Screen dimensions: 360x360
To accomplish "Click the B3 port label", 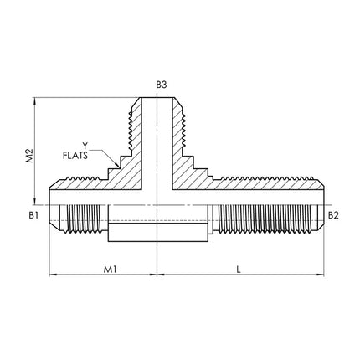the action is tap(162, 85).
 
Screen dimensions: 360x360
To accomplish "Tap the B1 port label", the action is tap(33, 215).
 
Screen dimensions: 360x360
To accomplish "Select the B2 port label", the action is tap(333, 215).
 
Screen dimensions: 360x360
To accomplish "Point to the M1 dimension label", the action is tap(111, 270).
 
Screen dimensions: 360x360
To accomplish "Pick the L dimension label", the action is tap(239, 270).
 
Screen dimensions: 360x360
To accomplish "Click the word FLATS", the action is tap(75, 156).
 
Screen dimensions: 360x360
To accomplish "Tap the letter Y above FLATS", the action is tap(85, 146).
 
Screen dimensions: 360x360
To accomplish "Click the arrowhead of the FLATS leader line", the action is tap(117, 165).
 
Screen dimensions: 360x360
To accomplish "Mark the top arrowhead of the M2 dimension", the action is tap(34, 101).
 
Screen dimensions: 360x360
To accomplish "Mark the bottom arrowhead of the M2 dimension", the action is tap(34, 202).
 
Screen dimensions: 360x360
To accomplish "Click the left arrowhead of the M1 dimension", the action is tap(53, 275).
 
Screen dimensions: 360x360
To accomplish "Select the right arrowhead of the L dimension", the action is tap(320, 275).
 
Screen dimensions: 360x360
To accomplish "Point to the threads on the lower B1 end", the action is tap(84, 219).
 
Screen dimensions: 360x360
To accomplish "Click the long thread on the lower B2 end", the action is tap(265, 219).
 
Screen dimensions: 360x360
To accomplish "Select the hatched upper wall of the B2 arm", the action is tap(266, 184).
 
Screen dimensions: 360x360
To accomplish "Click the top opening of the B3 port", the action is tap(157, 98).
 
